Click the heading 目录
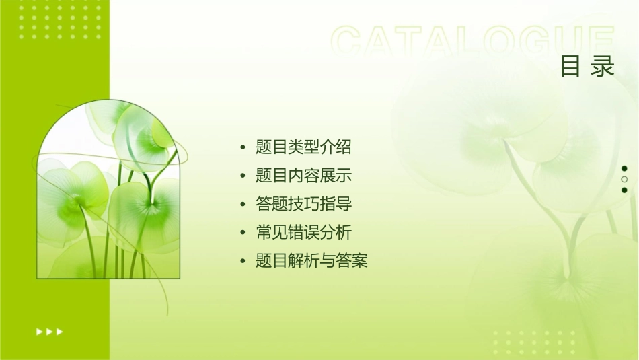pos(587,67)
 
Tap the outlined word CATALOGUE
pos(473,42)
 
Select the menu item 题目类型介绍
pos(303,147)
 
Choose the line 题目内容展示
pos(303,176)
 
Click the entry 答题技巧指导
pos(303,204)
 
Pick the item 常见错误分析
pos(303,233)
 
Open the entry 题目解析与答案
pos(311,261)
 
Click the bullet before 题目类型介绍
pos(243,147)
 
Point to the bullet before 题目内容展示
pos(243,176)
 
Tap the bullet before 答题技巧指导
pos(243,205)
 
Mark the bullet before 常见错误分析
pos(243,233)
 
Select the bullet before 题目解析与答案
pos(243,262)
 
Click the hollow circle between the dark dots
pos(624,179)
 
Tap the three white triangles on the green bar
pos(49,331)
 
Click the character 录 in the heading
pos(603,67)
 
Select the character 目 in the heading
pos(570,67)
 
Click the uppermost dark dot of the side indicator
pos(624,168)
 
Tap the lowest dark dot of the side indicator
pos(624,190)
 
